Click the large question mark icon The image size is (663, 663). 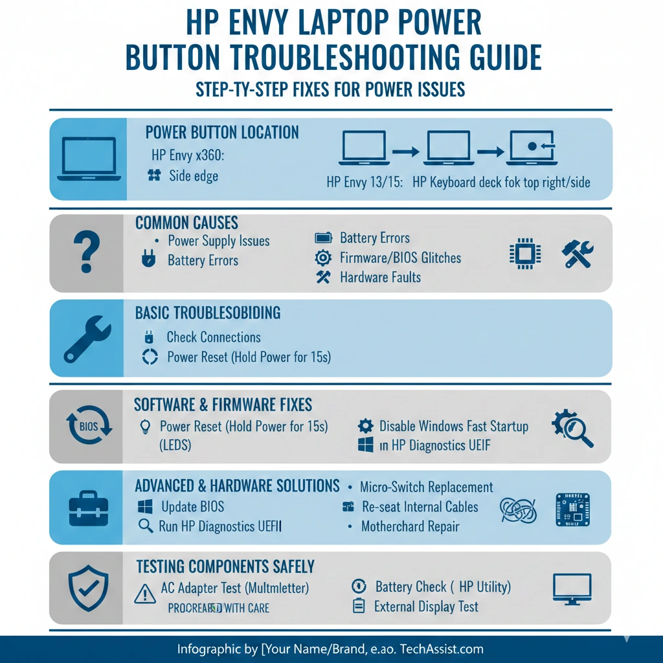tap(87, 254)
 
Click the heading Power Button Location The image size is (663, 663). tap(222, 133)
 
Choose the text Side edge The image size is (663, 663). tap(194, 175)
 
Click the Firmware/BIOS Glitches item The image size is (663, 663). tap(400, 258)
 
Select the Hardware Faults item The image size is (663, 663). tap(380, 277)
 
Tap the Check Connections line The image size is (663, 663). tap(213, 337)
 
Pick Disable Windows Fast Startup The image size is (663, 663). tap(453, 426)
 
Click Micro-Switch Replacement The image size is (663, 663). tap(426, 487)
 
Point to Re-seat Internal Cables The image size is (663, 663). tap(420, 507)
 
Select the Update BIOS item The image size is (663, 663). tap(192, 507)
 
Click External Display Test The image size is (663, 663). tap(426, 607)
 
